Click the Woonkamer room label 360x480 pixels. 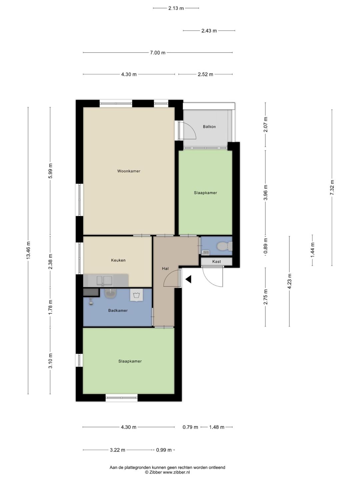click(129, 171)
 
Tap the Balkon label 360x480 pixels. click(209, 127)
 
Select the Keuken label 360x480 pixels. click(118, 260)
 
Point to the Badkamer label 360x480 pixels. click(118, 310)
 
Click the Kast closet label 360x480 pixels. click(216, 262)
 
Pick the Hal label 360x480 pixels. click(165, 269)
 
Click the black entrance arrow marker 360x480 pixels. click(188, 279)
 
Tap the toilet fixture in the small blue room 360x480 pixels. click(224, 246)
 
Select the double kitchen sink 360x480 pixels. click(104, 281)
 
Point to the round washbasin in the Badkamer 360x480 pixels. click(111, 293)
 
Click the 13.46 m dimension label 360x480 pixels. click(28, 250)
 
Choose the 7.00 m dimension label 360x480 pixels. click(158, 53)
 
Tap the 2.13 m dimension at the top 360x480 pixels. click(176, 8)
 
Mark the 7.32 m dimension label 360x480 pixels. click(332, 188)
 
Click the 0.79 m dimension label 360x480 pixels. click(190, 427)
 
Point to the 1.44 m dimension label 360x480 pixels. click(313, 250)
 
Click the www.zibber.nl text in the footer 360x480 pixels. click(176, 472)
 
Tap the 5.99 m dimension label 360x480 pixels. click(50, 171)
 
